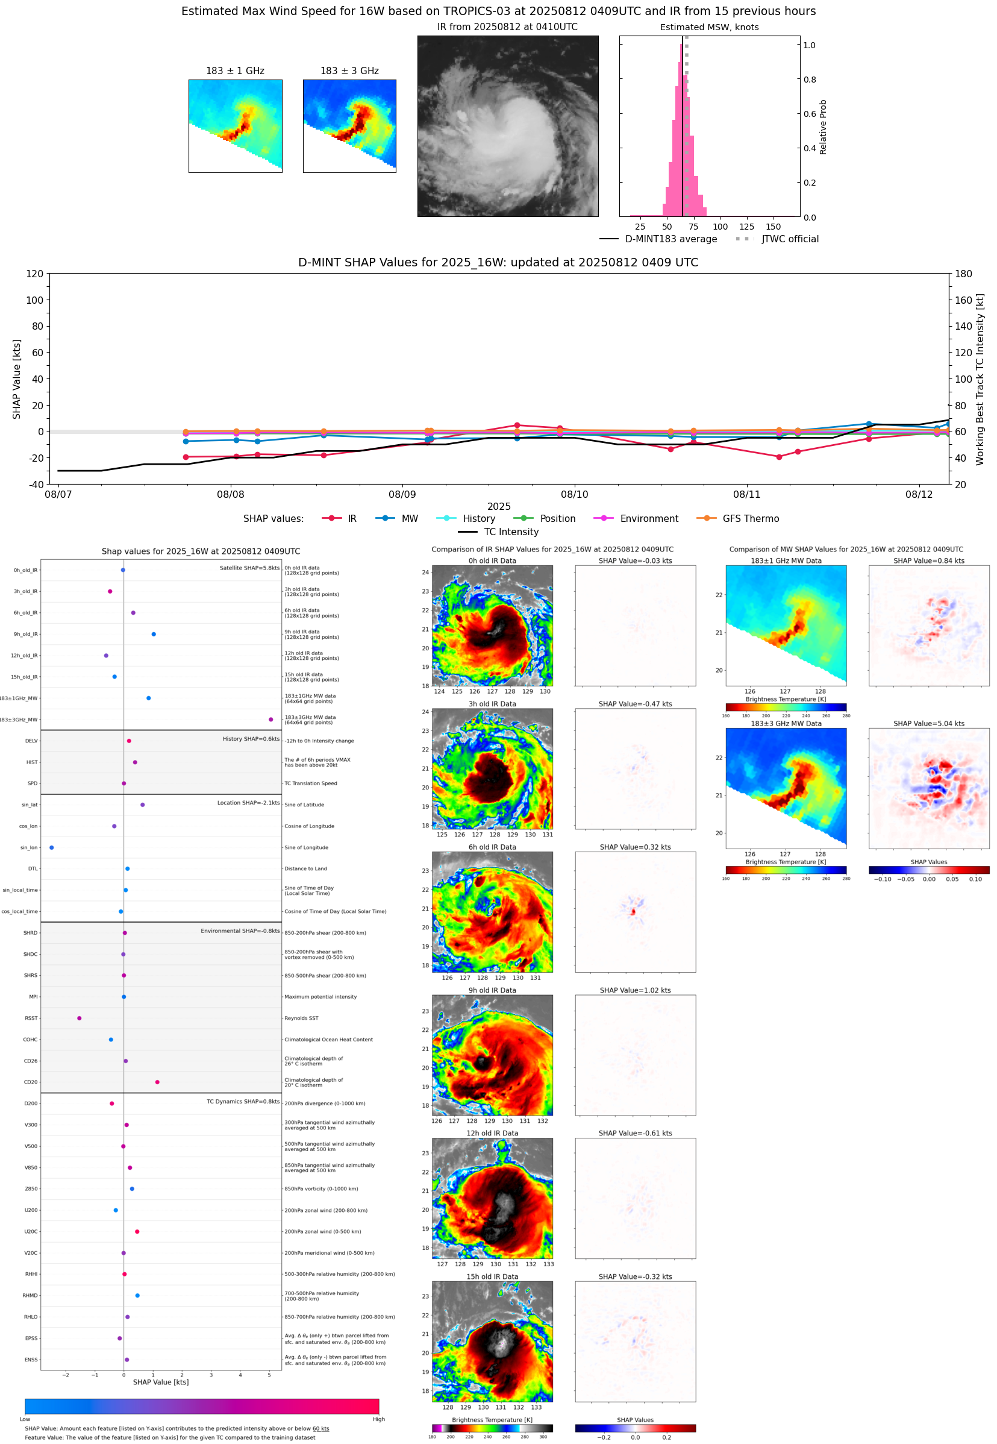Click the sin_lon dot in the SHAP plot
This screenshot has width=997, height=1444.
pyautogui.click(x=51, y=847)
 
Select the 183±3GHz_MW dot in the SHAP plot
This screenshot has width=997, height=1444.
pyautogui.click(x=270, y=719)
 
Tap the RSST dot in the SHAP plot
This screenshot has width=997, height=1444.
pyautogui.click(x=80, y=1018)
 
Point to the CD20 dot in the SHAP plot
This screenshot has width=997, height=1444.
pyautogui.click(x=157, y=1082)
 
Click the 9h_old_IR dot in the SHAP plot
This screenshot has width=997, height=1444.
pyautogui.click(x=154, y=634)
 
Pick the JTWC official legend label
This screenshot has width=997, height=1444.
pyautogui.click(x=790, y=239)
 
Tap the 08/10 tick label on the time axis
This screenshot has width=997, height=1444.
pyautogui.click(x=574, y=494)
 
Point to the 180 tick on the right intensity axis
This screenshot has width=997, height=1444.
pyautogui.click(x=963, y=274)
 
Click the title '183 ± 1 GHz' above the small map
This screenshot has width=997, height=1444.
pyautogui.click(x=235, y=71)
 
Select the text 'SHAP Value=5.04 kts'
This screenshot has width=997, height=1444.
pyautogui.click(x=928, y=724)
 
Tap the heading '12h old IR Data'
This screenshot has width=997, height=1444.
pyautogui.click(x=492, y=1133)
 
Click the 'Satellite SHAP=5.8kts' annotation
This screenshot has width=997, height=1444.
pyautogui.click(x=249, y=568)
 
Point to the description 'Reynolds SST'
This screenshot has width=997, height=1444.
pyautogui.click(x=301, y=1018)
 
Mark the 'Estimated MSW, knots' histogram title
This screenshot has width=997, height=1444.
pyautogui.click(x=709, y=27)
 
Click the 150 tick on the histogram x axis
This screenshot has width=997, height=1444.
pyautogui.click(x=773, y=227)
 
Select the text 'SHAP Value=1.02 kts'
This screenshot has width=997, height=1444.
pyautogui.click(x=635, y=990)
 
